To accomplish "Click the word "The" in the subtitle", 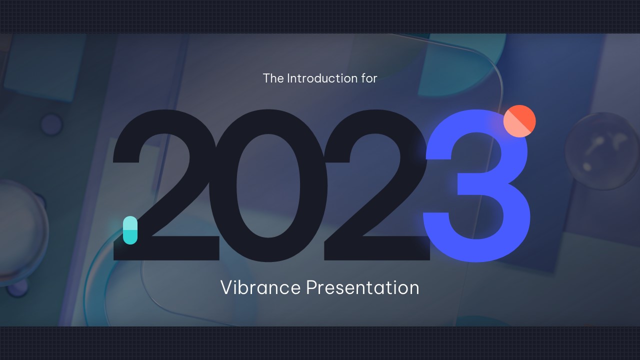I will tap(272, 78).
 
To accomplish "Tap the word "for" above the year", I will tap(368, 78).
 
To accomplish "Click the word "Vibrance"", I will tap(260, 287).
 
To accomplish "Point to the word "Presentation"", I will tap(362, 287).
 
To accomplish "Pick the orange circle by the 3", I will tap(519, 121).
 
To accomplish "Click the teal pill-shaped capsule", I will tap(130, 230).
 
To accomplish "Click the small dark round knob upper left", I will tap(51, 124).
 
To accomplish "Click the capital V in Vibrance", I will tap(227, 287).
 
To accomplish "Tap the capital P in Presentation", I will tap(311, 287).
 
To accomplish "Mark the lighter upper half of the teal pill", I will tap(130, 223).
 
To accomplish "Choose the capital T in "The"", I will tap(266, 78).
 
